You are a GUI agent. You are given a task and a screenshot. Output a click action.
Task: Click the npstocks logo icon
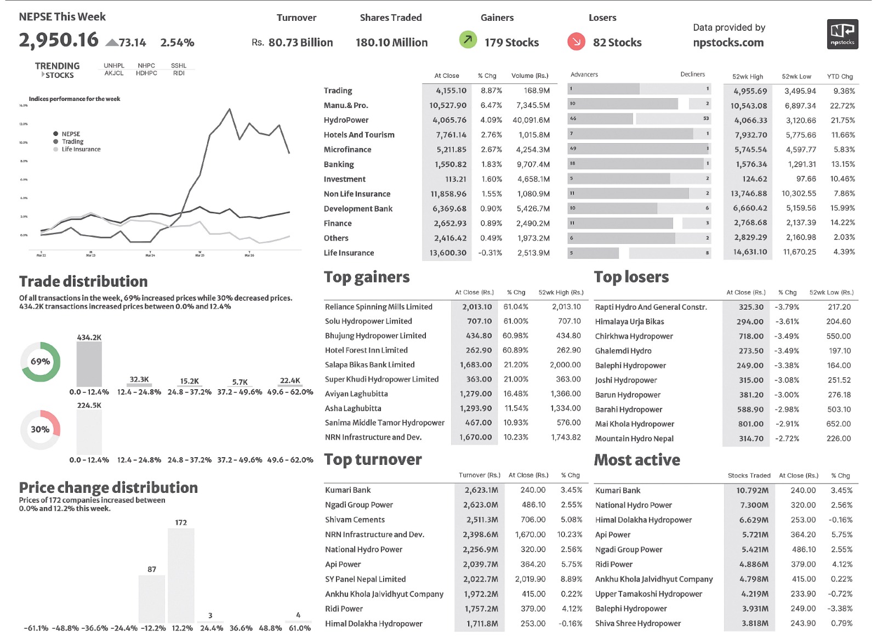(842, 34)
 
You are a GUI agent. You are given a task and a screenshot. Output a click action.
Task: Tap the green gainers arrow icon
(468, 39)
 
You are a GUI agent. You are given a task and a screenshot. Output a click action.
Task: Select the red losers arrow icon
(576, 41)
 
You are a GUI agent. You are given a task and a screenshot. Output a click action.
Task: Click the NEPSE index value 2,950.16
(59, 40)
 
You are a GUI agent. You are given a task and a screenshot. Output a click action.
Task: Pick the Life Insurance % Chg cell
(489, 253)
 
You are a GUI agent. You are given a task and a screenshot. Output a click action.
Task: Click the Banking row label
(339, 164)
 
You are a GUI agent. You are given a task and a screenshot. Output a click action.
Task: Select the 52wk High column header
(747, 77)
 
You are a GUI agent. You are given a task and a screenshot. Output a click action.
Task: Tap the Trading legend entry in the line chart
(72, 141)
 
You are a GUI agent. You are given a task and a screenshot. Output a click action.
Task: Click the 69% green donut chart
(41, 362)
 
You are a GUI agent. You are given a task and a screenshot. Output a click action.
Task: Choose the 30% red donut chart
(40, 429)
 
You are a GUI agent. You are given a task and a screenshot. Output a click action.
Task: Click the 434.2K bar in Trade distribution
(89, 365)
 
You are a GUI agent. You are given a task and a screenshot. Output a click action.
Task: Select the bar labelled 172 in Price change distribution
(181, 575)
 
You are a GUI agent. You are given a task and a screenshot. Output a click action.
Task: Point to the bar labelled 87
(152, 599)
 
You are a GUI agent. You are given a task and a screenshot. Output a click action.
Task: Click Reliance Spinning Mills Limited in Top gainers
(378, 307)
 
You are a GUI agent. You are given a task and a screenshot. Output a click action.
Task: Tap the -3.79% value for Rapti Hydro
(787, 307)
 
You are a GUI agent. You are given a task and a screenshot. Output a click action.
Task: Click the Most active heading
(637, 460)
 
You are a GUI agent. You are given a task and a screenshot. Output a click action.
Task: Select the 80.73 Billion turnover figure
(300, 43)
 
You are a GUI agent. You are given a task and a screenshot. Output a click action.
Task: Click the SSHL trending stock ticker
(179, 66)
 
